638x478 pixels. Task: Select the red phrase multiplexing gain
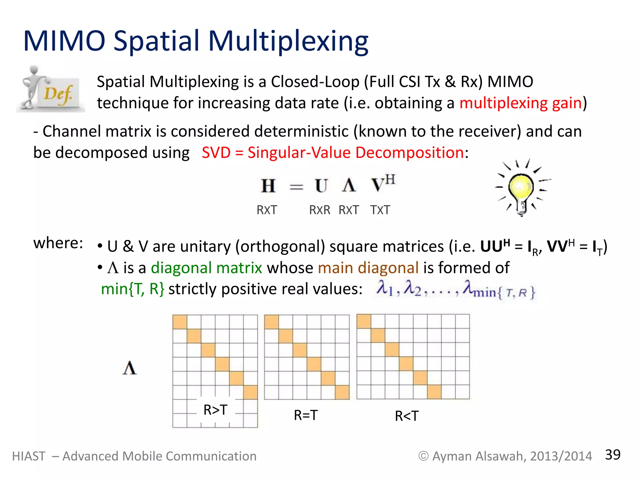click(x=520, y=103)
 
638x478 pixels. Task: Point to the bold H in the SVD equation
click(x=268, y=186)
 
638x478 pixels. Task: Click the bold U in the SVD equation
click(x=321, y=186)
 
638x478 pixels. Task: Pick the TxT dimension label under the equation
click(x=380, y=210)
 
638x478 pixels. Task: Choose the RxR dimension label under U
click(x=320, y=210)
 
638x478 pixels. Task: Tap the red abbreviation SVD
click(x=216, y=153)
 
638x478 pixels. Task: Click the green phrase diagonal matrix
click(x=206, y=268)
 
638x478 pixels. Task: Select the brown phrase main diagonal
click(x=368, y=268)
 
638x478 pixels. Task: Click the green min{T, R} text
click(x=132, y=289)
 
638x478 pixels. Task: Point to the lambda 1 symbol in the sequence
click(x=384, y=288)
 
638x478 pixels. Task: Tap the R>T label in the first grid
click(x=215, y=410)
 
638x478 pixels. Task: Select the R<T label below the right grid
click(x=407, y=416)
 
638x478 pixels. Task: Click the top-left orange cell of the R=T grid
click(x=271, y=322)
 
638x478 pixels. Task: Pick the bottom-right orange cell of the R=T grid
click(x=342, y=392)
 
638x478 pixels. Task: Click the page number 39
click(x=612, y=455)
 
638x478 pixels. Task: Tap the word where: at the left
click(x=58, y=243)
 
